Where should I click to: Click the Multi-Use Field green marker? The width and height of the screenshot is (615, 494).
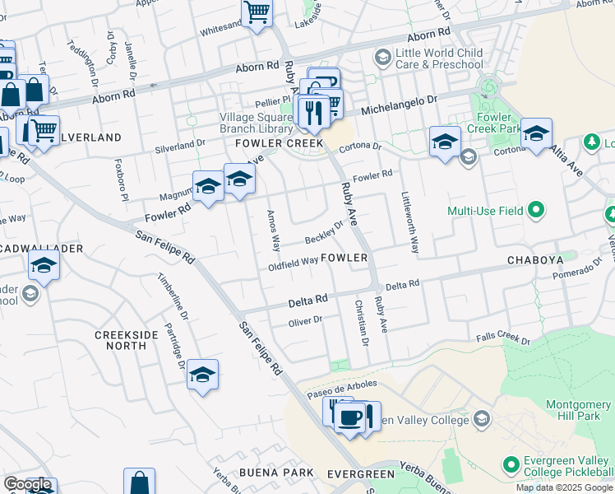(537, 211)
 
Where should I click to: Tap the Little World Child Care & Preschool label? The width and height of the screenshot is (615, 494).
(439, 58)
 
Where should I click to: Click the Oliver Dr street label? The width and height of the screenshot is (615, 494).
(308, 320)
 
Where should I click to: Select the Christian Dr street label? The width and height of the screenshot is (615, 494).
(360, 322)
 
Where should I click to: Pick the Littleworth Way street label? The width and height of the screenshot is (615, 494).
(409, 222)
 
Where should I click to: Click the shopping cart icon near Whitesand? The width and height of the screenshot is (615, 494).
(257, 13)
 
